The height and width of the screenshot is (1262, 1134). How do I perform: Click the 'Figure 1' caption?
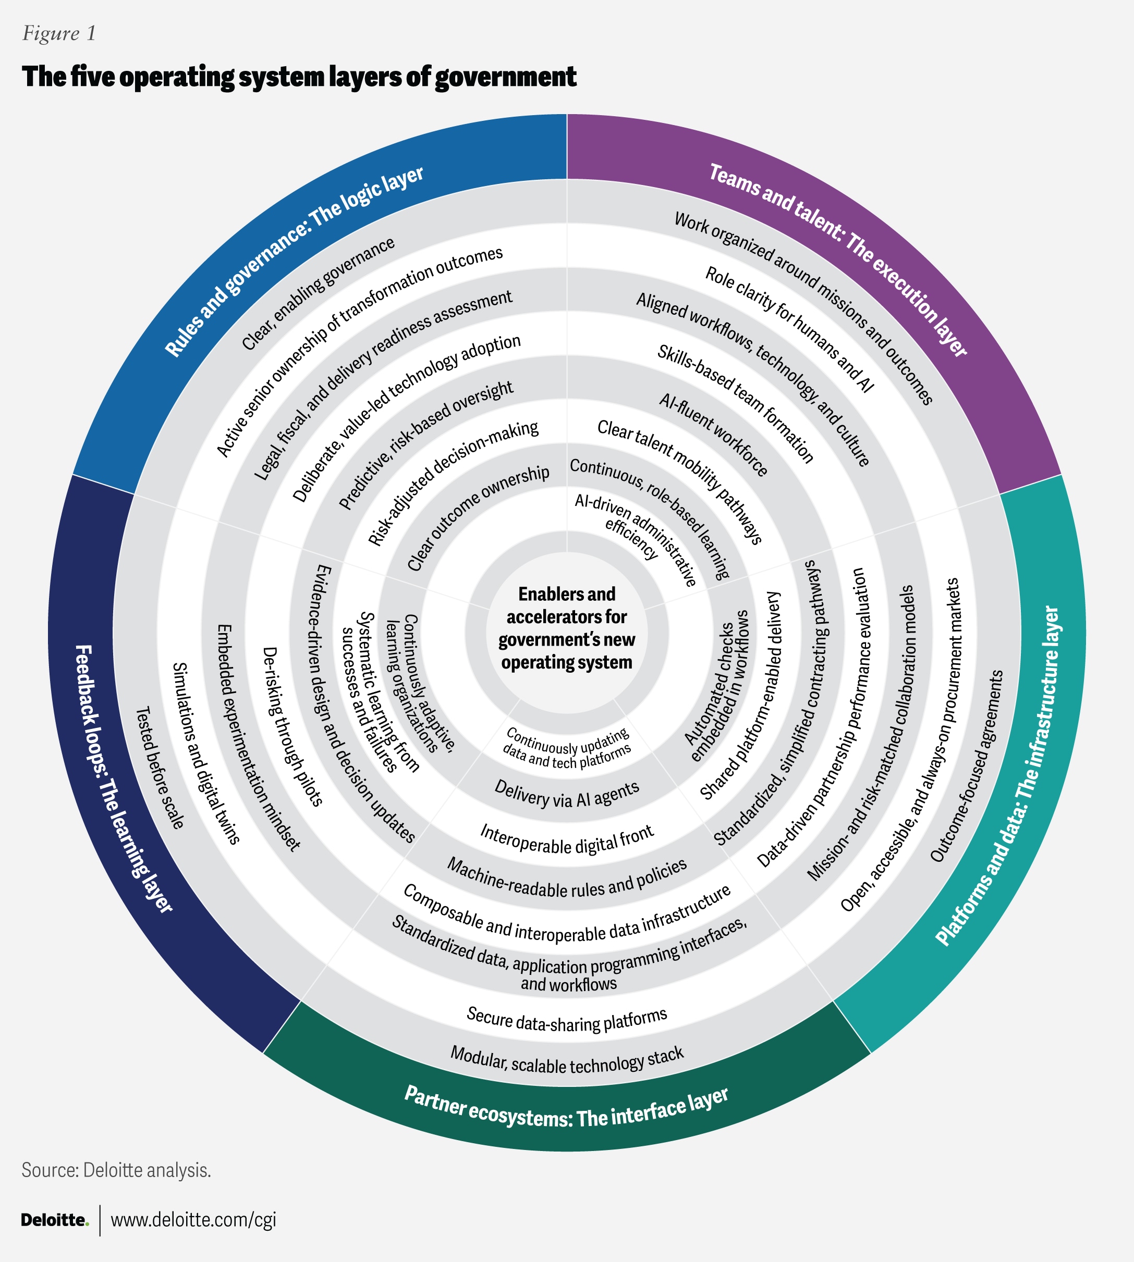59,33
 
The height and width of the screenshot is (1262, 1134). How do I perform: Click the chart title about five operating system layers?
299,77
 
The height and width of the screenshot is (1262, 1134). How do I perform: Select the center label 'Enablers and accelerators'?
566,627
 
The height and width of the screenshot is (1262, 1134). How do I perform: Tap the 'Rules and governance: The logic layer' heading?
294,261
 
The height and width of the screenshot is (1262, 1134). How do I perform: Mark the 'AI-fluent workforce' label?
713,435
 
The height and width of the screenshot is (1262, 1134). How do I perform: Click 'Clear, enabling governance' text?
318,293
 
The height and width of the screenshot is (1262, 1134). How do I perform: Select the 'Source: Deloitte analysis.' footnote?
116,1170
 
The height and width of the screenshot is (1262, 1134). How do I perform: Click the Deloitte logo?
55,1220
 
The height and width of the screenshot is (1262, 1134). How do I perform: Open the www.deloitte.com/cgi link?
193,1220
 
